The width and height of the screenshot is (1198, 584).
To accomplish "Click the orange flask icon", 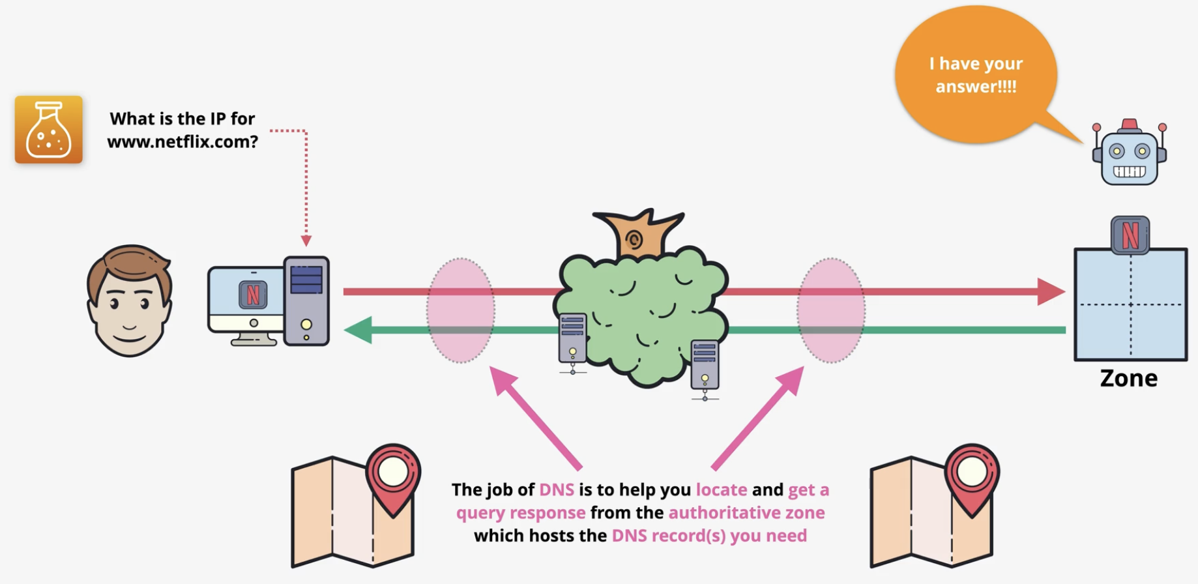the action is [49, 129].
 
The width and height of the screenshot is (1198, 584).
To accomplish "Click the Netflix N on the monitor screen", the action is [253, 295].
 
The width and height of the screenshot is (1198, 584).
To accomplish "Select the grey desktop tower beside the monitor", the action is [306, 300].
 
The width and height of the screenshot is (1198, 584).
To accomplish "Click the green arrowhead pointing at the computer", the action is [358, 330].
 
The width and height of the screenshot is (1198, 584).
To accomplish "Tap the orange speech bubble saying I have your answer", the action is [976, 75].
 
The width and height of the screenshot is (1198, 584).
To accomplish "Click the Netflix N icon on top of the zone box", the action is [1130, 235].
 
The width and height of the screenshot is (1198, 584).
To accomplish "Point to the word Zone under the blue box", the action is [1129, 378].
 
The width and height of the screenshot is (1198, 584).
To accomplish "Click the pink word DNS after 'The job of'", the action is [557, 489].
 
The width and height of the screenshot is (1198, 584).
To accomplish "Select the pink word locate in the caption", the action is [722, 489].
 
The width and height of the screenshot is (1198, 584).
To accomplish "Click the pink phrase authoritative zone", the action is [747, 512].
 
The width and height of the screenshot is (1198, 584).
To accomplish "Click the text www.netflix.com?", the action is [183, 141].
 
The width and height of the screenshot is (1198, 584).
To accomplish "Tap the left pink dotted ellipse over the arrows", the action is [461, 310].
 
